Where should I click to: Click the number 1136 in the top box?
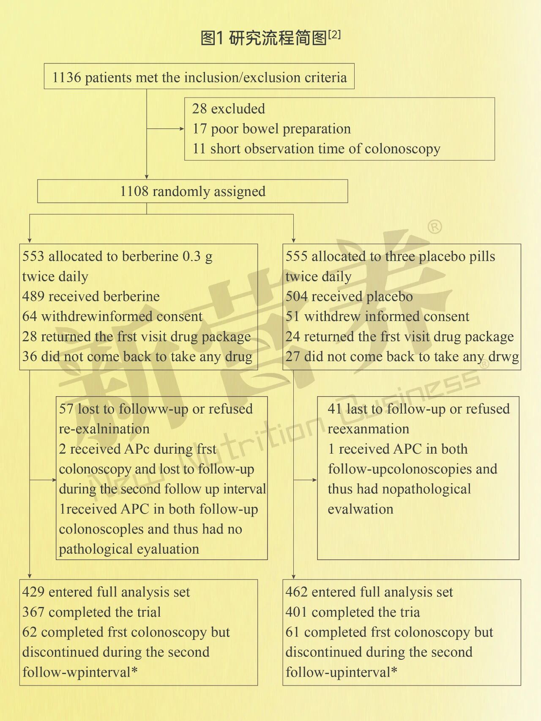(66, 78)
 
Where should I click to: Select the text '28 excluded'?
(228, 109)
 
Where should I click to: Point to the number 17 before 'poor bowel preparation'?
(199, 129)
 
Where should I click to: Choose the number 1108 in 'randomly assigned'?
(134, 191)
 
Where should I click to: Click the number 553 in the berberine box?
(33, 256)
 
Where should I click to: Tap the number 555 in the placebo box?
(296, 256)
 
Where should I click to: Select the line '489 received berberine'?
(91, 297)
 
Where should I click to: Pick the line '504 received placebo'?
(349, 297)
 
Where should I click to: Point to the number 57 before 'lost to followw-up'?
(66, 409)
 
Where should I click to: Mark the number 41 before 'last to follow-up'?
(335, 409)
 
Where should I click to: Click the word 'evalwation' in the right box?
(361, 509)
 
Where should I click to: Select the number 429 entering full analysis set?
(33, 592)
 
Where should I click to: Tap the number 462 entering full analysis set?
(296, 592)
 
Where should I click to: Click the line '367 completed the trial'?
(91, 612)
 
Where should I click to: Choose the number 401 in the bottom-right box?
(296, 612)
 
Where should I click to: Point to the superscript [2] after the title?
(334, 34)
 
